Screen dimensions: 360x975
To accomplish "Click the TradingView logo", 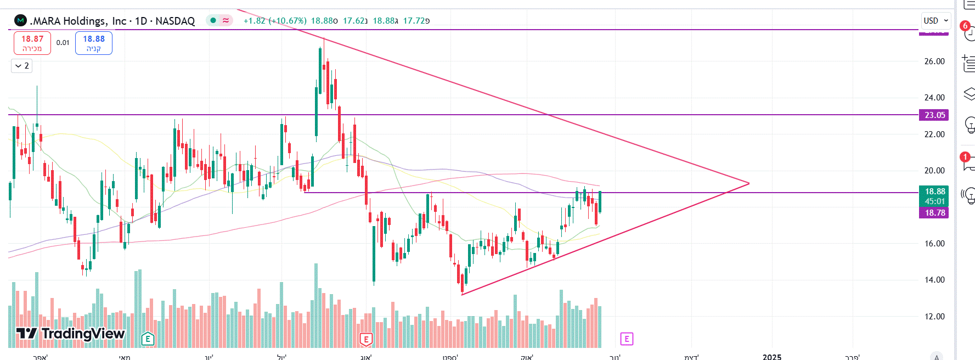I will pos(71,333).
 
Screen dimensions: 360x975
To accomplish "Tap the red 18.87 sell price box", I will pos(32,43).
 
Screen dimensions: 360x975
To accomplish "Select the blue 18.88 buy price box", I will pos(94,43).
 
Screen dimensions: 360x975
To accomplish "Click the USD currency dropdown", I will pos(935,21).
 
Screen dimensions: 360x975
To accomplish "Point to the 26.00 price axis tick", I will pos(934,61).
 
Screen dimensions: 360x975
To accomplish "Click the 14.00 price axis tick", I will pos(934,280).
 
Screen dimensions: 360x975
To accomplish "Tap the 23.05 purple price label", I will pos(934,115).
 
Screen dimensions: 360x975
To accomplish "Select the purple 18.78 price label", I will pos(934,213).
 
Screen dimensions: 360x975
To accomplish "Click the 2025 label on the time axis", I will pos(772,357).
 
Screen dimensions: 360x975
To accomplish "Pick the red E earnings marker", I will pos(366,339).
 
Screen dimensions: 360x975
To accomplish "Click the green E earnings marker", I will pos(148,339).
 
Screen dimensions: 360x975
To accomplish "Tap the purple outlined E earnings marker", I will pos(627,339).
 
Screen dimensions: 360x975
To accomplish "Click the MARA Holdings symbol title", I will pos(112,21).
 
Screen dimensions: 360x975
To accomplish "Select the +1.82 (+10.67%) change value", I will pos(275,21).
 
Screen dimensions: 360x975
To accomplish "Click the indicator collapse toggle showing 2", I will pos(22,66).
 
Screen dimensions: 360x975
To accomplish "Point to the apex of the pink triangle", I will pos(749,183).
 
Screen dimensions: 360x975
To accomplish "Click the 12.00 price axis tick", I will pos(934,317).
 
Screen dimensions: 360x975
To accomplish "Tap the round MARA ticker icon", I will pos(20,21).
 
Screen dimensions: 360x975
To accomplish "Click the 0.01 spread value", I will pos(63,43).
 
